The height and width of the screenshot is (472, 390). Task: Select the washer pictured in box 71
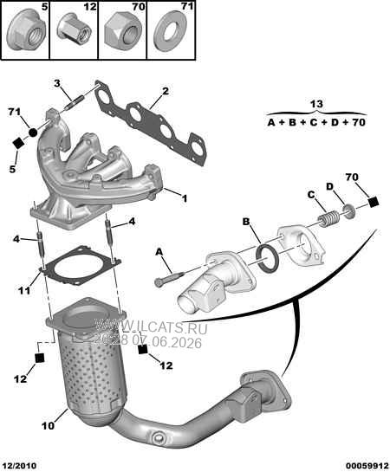[171, 31]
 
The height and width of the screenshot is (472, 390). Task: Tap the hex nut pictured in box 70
[123, 30]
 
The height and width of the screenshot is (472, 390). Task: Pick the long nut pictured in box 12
[75, 29]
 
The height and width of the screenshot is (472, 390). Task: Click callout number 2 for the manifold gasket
[166, 91]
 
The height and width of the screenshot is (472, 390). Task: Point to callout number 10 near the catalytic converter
[48, 426]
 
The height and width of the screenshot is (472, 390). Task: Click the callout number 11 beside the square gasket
[23, 291]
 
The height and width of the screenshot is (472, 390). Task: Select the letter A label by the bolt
[159, 252]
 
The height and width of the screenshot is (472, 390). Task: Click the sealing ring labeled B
[267, 260]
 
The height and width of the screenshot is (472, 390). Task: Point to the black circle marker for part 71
[33, 132]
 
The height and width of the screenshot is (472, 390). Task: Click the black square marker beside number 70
[374, 202]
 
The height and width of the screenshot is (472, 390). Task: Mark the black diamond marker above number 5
[18, 143]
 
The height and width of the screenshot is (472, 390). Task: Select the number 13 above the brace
[316, 104]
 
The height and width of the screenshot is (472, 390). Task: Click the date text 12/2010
[20, 466]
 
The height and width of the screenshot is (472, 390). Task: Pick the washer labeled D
[349, 211]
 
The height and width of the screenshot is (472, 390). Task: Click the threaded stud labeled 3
[73, 104]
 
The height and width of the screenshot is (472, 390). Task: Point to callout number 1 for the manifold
[184, 198]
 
